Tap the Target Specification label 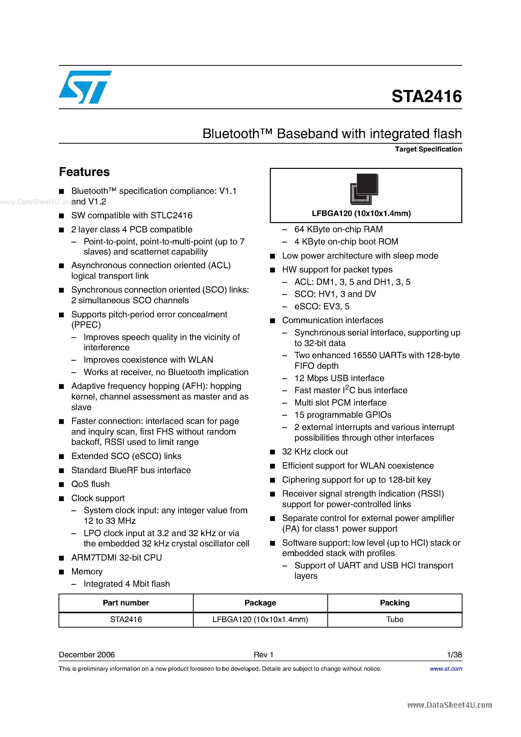click(x=428, y=149)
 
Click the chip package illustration click(x=364, y=189)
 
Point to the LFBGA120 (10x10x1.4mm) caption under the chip click(x=361, y=213)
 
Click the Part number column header click(x=126, y=603)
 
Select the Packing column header click(x=394, y=603)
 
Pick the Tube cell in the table click(x=394, y=620)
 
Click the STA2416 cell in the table click(x=126, y=620)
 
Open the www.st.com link click(x=446, y=669)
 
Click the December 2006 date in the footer click(x=87, y=655)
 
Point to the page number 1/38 click(x=454, y=655)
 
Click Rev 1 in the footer click(x=263, y=655)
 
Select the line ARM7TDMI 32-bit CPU click(x=116, y=558)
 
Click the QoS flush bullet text click(x=90, y=484)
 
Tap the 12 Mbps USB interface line click(x=339, y=378)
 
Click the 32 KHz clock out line click(x=315, y=452)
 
